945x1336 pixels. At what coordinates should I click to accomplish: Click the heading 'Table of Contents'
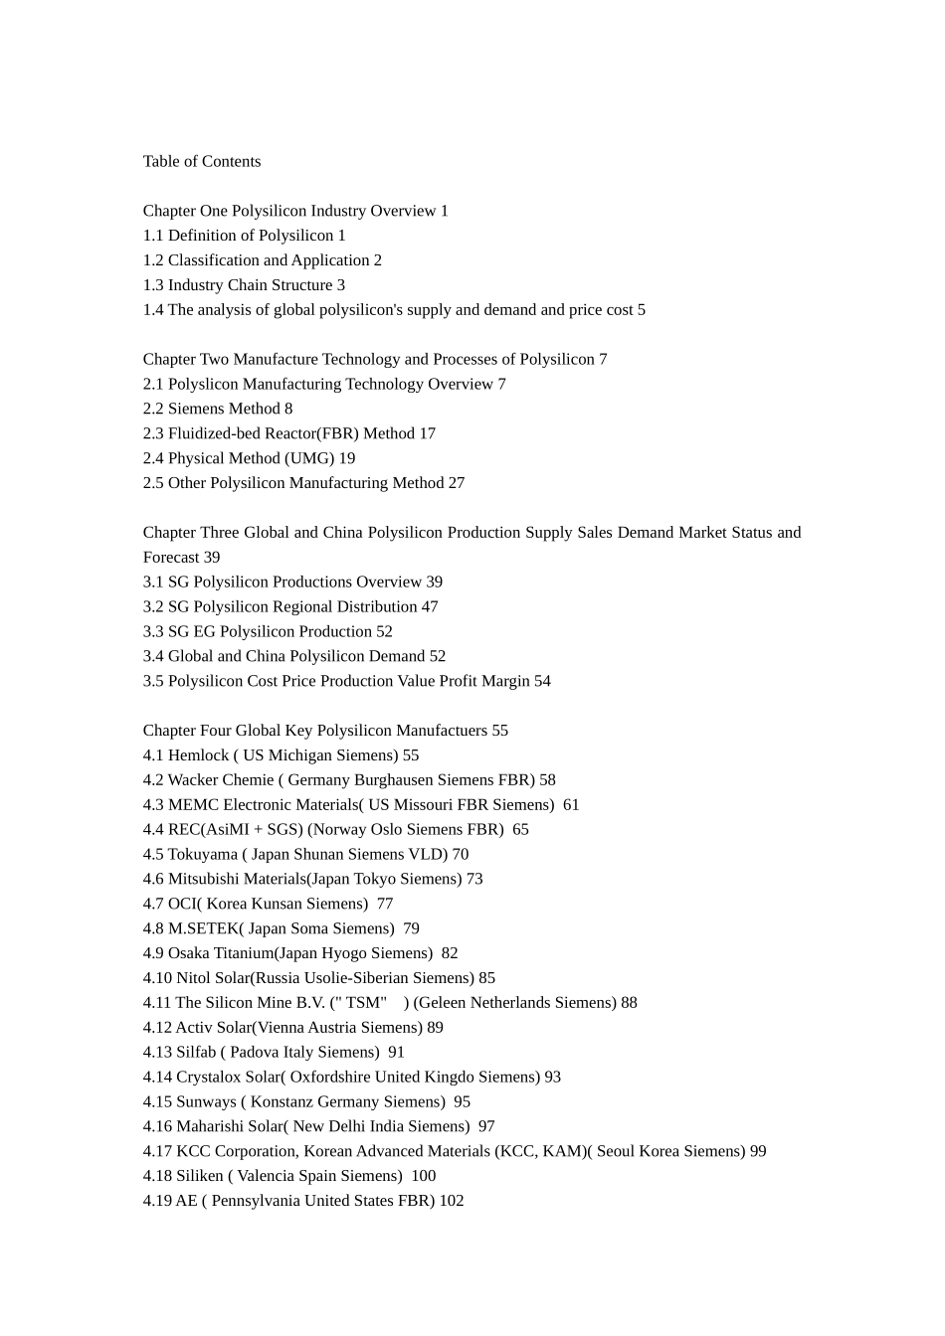(x=202, y=161)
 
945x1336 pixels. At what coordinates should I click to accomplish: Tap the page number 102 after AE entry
(x=452, y=1201)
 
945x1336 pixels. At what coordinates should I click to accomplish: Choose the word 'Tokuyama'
(x=203, y=854)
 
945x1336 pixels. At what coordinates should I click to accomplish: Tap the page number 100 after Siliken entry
(x=423, y=1176)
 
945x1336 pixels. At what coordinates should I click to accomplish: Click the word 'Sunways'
(x=206, y=1101)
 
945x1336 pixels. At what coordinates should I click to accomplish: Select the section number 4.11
(x=157, y=1002)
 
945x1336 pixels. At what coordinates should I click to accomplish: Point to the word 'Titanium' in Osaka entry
(x=241, y=953)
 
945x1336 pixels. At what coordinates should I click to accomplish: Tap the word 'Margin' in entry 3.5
(x=506, y=681)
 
